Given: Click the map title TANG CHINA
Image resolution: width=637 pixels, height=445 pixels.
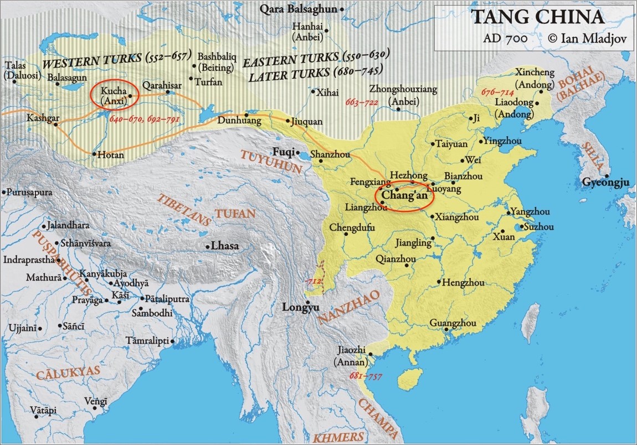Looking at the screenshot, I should click(x=537, y=17).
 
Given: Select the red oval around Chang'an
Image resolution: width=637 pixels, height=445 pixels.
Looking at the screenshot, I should click(x=404, y=196).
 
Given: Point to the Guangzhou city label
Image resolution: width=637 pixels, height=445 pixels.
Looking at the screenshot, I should click(x=453, y=323).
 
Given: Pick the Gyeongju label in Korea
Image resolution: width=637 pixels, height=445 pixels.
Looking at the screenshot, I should click(x=605, y=182).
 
